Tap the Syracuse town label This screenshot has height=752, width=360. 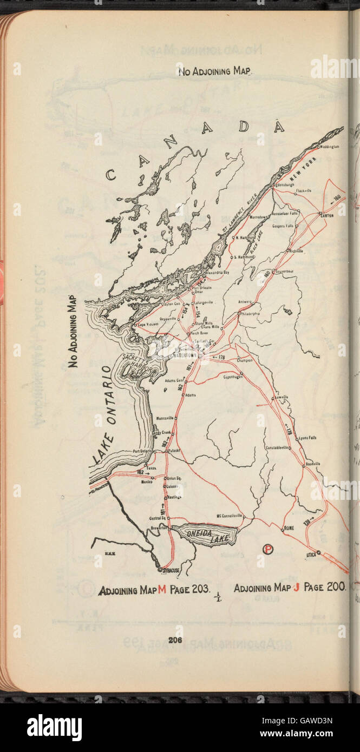pos(171,570)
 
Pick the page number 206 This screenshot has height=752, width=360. pos(174,640)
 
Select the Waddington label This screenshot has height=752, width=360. pos(330,147)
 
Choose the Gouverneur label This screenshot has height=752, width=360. pos(286,271)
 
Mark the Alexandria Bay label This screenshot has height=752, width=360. pos(219,273)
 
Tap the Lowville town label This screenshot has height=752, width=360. pos(282,397)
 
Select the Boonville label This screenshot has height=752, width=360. pos(313,464)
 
